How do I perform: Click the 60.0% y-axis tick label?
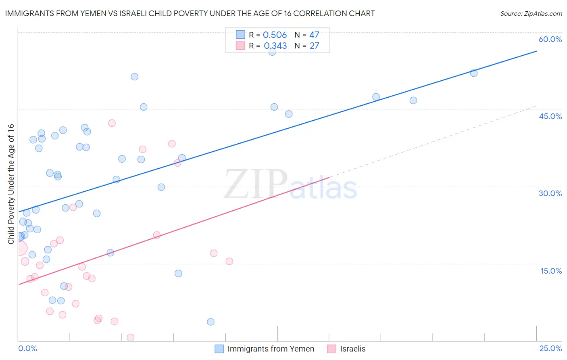point(550,39)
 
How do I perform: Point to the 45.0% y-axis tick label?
point(550,116)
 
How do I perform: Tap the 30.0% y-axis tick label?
point(550,193)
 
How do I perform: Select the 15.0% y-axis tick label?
point(551,271)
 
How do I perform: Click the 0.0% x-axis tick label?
point(27,348)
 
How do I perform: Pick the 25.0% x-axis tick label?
point(550,348)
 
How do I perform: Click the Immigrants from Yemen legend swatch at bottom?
point(219,349)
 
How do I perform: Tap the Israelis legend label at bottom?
point(352,349)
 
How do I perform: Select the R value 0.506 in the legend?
point(275,35)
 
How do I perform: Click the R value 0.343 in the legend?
point(275,46)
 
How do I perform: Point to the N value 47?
point(314,35)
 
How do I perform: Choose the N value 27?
point(314,46)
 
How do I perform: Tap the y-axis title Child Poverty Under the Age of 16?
point(11,184)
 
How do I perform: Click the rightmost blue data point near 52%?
point(474,73)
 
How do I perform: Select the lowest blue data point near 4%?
point(211,322)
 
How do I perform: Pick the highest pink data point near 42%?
point(112,123)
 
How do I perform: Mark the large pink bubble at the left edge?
point(20,248)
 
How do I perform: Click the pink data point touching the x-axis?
point(130,337)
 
